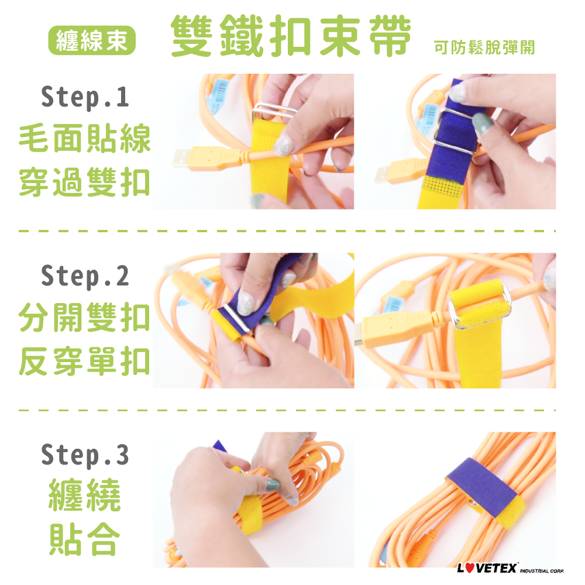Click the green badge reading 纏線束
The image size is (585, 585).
point(92,40)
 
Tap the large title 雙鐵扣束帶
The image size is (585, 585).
point(291,36)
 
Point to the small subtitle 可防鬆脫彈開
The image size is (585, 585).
point(484,47)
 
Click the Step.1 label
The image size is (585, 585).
point(85,97)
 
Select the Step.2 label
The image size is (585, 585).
point(85,277)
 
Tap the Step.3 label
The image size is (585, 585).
point(85,455)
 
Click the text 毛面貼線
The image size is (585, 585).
point(85,139)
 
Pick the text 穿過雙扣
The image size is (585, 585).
point(85,183)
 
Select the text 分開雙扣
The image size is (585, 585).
point(85,317)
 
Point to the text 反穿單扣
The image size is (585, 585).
point(85,361)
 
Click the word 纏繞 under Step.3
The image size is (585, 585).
point(85,495)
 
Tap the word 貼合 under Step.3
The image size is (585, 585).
point(85,539)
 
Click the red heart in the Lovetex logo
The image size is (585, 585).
point(470,568)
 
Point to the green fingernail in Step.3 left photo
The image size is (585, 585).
point(273,486)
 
